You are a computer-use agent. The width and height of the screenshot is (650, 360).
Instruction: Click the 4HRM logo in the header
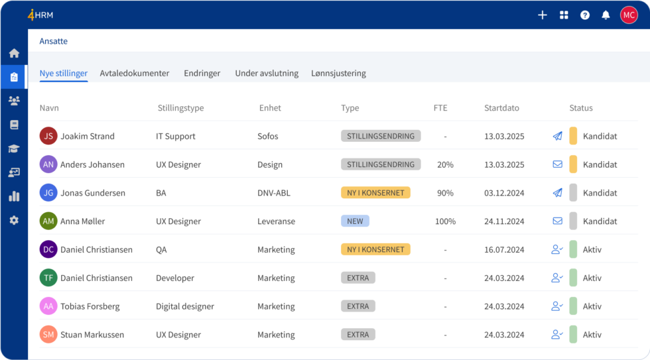40,15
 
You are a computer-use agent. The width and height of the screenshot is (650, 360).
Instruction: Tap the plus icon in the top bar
542,15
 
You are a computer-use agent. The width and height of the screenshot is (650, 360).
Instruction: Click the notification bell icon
606,15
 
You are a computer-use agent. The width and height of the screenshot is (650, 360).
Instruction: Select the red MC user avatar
629,15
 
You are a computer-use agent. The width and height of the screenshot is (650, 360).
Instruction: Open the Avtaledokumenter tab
135,74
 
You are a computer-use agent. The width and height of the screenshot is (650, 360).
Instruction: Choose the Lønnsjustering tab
338,74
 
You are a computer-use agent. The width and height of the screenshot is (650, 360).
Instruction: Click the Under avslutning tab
267,74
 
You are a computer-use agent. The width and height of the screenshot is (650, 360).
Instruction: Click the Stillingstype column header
180,108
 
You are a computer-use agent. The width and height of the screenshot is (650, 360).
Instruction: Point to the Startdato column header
501,108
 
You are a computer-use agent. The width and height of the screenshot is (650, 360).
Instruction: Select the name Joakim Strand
88,137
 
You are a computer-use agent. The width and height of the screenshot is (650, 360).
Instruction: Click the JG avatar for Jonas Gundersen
48,193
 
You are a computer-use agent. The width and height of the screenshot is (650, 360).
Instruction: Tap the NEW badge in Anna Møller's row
355,221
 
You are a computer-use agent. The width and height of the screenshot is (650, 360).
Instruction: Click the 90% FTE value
445,193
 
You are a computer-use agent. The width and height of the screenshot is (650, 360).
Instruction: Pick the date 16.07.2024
504,250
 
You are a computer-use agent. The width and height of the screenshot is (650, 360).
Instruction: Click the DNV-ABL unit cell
274,193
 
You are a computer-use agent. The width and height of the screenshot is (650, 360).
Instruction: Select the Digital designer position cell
185,307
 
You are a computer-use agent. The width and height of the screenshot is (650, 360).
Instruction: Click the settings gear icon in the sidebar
14,220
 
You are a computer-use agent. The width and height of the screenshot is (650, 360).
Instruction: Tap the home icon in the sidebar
14,53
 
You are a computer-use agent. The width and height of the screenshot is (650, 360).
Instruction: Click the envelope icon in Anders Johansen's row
557,164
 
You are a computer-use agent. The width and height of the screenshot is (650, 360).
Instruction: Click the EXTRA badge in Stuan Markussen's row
358,335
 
